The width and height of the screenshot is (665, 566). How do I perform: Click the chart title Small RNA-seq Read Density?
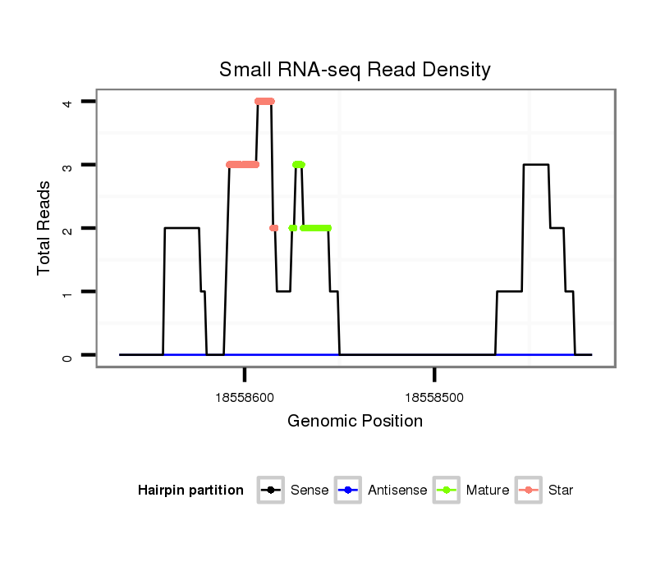coord(355,70)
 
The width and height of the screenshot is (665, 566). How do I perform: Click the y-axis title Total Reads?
coord(44,228)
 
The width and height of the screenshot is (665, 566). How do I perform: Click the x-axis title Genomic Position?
coord(355,421)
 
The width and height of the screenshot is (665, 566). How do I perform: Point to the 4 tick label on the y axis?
coord(66,102)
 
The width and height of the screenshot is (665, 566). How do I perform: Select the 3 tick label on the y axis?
coord(66,165)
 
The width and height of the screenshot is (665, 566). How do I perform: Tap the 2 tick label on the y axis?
coord(66,228)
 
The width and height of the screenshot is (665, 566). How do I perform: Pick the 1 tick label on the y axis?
coord(66,292)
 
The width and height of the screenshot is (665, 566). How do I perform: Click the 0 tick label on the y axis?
coord(66,355)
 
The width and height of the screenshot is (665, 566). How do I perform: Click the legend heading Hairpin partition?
coord(190,491)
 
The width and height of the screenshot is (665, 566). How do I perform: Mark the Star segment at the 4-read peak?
coord(264,101)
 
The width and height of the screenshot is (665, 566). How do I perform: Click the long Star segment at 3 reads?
coord(242,164)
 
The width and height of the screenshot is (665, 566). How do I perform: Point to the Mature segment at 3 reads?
coord(298,164)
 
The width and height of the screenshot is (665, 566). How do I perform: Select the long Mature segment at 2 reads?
coord(315,227)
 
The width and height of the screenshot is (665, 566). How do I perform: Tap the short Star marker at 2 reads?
coord(273,227)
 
